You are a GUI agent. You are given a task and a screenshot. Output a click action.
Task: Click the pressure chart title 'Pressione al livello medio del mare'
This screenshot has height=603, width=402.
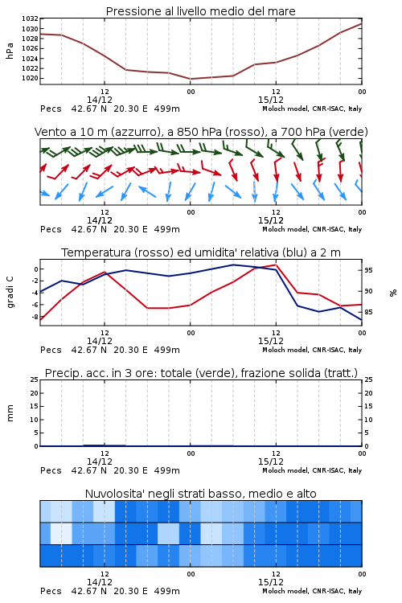click(200, 11)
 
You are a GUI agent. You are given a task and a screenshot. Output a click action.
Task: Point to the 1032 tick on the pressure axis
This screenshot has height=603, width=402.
click(30, 18)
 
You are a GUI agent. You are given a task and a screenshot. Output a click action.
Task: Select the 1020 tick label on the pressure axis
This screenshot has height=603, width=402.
click(30, 78)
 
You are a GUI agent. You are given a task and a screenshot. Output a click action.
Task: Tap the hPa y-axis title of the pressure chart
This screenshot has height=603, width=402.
click(10, 51)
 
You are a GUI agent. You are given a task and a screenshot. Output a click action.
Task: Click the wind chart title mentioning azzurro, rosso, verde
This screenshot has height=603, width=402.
click(201, 132)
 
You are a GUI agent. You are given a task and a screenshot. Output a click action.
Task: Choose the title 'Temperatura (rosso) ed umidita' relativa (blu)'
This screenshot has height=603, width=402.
click(201, 252)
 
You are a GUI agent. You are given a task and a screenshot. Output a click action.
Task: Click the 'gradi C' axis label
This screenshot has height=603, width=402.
click(10, 293)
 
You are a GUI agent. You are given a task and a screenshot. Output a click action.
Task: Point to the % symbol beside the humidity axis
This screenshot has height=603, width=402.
click(393, 293)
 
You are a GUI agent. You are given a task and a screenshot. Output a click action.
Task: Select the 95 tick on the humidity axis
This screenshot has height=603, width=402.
click(368, 270)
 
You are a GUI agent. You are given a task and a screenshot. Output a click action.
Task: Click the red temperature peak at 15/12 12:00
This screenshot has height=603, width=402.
click(276, 265)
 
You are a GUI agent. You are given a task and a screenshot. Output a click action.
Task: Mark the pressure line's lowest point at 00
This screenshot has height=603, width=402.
click(191, 79)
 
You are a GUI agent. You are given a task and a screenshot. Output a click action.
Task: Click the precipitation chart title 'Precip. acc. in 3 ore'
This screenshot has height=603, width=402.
click(201, 373)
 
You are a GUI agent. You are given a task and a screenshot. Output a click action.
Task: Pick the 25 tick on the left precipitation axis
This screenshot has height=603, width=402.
click(35, 379)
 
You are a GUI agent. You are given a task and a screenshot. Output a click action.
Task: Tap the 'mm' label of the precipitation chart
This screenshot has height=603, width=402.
click(10, 413)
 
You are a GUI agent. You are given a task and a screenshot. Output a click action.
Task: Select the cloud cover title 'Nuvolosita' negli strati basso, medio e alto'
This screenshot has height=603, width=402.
click(200, 494)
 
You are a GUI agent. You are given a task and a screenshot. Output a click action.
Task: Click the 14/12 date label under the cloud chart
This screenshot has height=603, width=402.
click(100, 582)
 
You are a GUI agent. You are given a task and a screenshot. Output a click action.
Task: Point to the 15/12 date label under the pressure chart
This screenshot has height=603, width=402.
click(271, 100)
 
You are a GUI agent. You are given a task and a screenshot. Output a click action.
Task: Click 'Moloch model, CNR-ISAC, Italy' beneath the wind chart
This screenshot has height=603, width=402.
click(312, 229)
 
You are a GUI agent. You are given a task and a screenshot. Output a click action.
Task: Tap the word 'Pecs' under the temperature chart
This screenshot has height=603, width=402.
click(51, 350)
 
